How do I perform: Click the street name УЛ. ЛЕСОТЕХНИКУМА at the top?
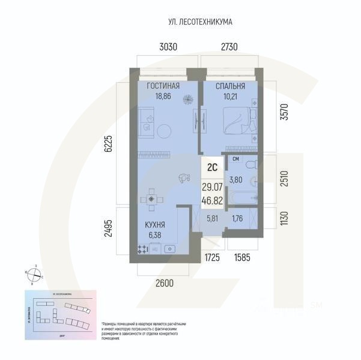pos(201,22)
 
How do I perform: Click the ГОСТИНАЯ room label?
pos(163,85)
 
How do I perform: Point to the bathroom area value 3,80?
pos(236,179)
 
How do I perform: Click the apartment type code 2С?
pos(211,168)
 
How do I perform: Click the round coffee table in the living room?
pos(163,130)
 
